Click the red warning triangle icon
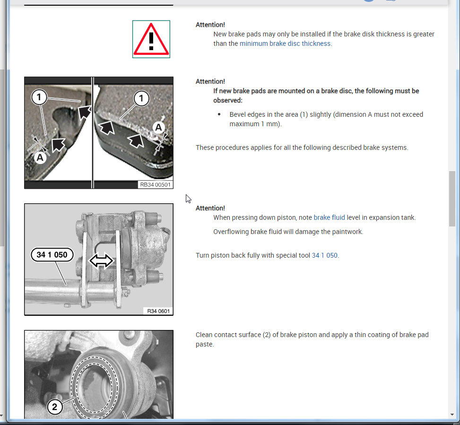pyautogui.click(x=151, y=39)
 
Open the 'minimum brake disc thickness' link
pyautogui.click(x=285, y=43)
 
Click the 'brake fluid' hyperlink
pyautogui.click(x=329, y=217)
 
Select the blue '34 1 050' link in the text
pyautogui.click(x=324, y=255)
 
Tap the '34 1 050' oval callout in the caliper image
pyautogui.click(x=52, y=255)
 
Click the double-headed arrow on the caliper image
pyautogui.click(x=101, y=260)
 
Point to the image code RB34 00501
pyautogui.click(x=155, y=184)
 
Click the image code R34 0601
pyautogui.click(x=158, y=311)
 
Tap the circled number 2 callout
pyautogui.click(x=54, y=407)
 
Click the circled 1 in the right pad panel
pyautogui.click(x=141, y=98)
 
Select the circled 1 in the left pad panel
pyautogui.click(x=39, y=97)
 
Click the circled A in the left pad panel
pyautogui.click(x=40, y=157)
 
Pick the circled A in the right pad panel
pyautogui.click(x=158, y=127)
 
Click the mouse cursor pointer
pyautogui.click(x=188, y=199)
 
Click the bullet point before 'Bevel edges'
pyautogui.click(x=219, y=114)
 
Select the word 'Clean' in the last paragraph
pyautogui.click(x=204, y=335)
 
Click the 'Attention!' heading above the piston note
pyautogui.click(x=210, y=208)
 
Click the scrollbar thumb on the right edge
pyautogui.click(x=452, y=199)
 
